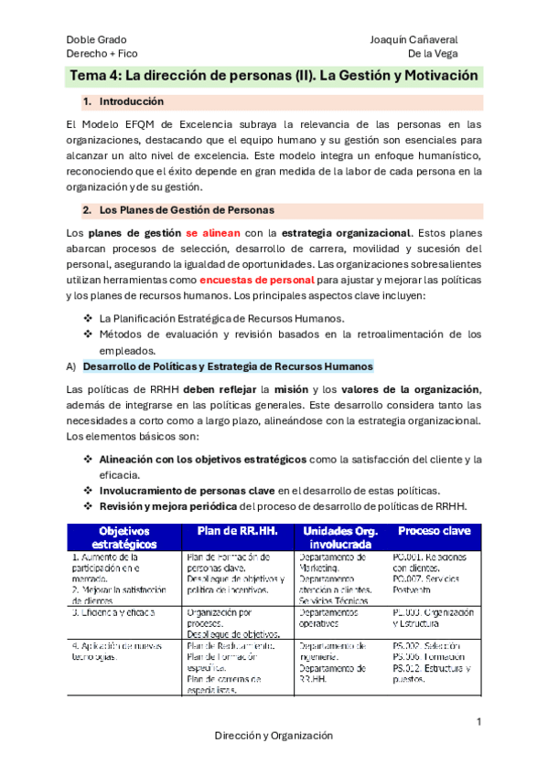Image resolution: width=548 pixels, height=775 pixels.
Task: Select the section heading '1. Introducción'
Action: pyautogui.click(x=131, y=101)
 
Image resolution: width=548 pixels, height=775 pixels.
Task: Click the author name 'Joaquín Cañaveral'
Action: pyautogui.click(x=414, y=40)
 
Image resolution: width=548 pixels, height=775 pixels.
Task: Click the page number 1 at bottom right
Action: pyautogui.click(x=478, y=722)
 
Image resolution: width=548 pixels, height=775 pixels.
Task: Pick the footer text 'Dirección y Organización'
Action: pyautogui.click(x=274, y=736)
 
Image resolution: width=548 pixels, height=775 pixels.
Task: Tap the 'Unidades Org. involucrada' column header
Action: pyautogui.click(x=341, y=537)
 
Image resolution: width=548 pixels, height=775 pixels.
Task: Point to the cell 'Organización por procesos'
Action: pyautogui.click(x=220, y=618)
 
